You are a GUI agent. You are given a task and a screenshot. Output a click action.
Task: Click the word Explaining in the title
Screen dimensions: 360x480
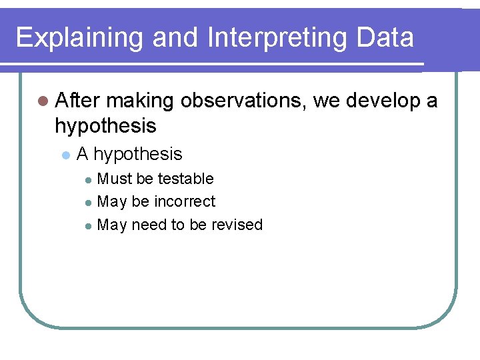[x=79, y=38]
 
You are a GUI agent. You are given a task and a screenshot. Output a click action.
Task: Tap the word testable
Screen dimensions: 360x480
[x=185, y=179]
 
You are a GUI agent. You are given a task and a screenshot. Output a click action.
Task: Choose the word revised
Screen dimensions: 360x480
[x=237, y=225]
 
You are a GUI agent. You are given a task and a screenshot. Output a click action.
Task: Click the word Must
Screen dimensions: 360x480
[x=115, y=179]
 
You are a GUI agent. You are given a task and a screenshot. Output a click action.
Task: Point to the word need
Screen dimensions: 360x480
[x=149, y=225]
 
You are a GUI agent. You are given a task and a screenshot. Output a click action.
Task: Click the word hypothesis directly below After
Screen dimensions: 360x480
[x=105, y=125]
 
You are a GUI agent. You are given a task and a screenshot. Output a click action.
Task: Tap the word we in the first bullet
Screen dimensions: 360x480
[x=327, y=101]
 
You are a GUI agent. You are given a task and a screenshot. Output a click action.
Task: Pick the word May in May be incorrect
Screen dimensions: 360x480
[x=112, y=201]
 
